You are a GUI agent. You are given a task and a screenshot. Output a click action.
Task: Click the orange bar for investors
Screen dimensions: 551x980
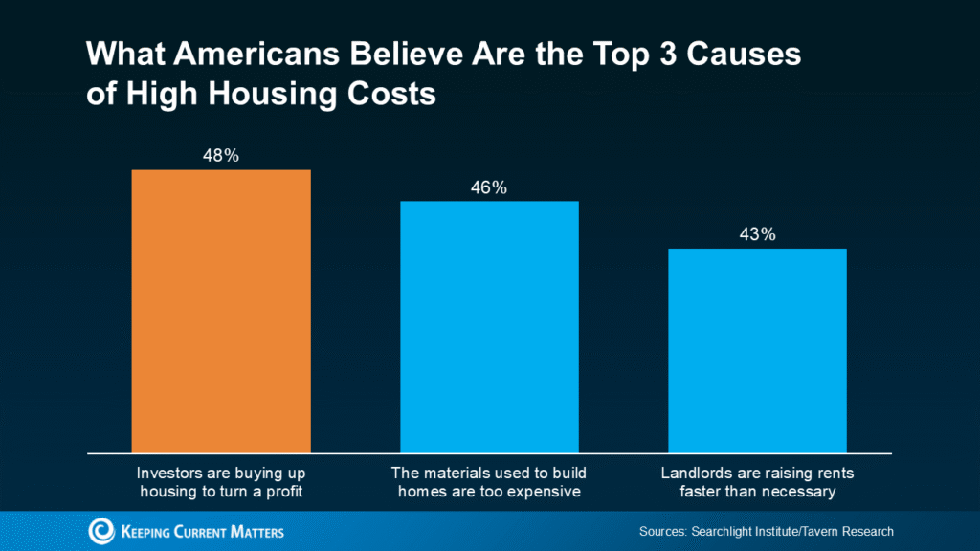[x=221, y=311]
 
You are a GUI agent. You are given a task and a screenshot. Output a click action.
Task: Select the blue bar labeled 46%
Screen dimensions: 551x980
[x=489, y=326]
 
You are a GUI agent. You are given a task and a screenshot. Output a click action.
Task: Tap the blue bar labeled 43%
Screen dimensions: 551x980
[x=757, y=350]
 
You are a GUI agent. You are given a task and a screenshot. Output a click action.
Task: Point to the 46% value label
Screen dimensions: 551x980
[x=488, y=187]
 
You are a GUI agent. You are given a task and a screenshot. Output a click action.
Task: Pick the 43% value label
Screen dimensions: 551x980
[x=757, y=235]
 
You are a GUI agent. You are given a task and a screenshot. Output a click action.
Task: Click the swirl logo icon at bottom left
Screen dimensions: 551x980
[x=101, y=531]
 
